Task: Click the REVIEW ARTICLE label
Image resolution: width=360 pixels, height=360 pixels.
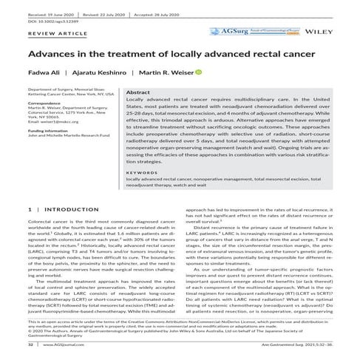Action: point(47,34)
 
